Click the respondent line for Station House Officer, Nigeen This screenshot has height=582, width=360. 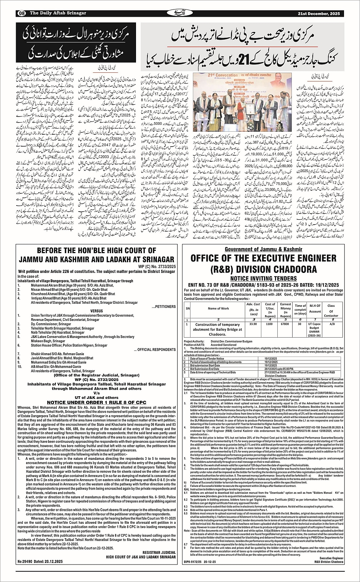click(64, 345)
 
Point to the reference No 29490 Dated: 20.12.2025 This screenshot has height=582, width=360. click(40, 572)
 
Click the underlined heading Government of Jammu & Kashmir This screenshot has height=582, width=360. click(263, 249)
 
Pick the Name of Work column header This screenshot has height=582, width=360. click(219, 308)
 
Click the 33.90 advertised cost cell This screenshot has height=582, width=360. click(253, 324)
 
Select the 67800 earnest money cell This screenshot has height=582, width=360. click(285, 324)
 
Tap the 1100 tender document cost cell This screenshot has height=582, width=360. click(270, 324)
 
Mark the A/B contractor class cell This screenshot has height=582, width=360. click(331, 324)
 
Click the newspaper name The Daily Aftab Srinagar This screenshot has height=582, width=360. click(58, 13)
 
